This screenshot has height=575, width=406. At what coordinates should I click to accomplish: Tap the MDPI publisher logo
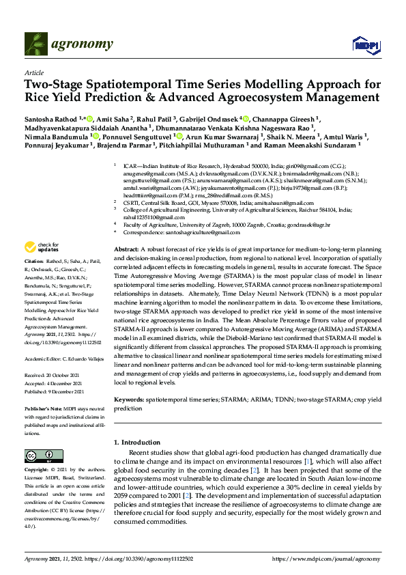coord(366,45)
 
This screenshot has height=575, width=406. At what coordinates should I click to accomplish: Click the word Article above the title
coord(33,72)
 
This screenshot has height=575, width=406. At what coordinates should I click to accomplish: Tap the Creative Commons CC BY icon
coord(39,456)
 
